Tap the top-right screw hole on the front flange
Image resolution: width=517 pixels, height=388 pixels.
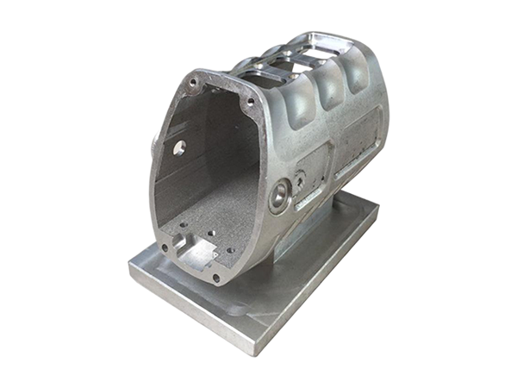point(251,101)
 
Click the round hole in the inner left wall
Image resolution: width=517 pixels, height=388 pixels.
point(179,147)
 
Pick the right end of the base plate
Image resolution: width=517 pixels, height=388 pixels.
point(377,207)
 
